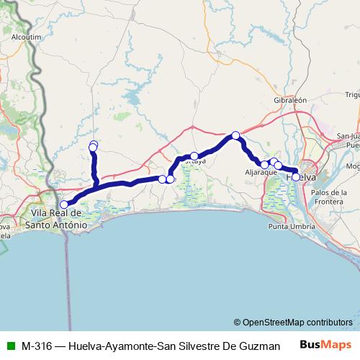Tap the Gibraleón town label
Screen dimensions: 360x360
(291, 100)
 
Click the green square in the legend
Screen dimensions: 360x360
(9, 345)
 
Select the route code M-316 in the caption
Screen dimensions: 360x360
(35, 345)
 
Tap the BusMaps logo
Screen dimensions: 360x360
(325, 345)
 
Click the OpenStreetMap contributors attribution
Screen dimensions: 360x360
(293, 322)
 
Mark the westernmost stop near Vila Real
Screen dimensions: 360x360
(64, 184)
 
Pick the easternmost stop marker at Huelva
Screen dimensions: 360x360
(296, 176)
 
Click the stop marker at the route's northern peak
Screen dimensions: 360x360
(235, 135)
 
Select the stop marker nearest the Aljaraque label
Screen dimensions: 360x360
(265, 165)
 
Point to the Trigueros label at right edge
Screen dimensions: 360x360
(352, 94)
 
